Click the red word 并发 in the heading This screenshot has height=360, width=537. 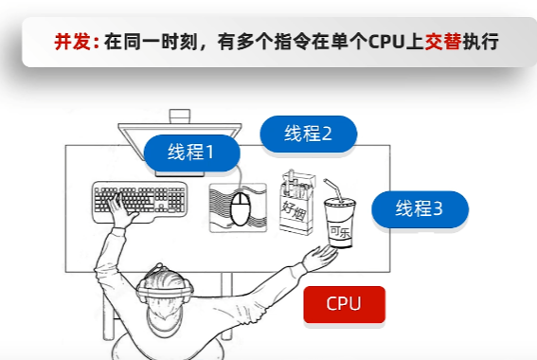click(73, 42)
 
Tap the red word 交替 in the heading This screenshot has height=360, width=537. click(443, 42)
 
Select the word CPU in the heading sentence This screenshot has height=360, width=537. click(386, 42)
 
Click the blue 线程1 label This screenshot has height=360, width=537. click(191, 153)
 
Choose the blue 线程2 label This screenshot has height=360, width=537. click(308, 134)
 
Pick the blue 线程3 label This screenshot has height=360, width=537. click(420, 209)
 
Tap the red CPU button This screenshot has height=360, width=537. click(344, 304)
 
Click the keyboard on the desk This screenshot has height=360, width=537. click(140, 202)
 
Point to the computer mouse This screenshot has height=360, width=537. click(241, 209)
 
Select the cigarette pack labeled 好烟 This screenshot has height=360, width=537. click(296, 203)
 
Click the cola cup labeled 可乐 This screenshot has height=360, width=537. click(340, 222)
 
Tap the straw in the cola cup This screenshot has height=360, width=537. click(333, 189)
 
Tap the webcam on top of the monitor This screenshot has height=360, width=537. click(180, 117)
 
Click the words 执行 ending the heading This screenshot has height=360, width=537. click(480, 42)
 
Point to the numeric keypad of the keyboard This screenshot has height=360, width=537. click(176, 199)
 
